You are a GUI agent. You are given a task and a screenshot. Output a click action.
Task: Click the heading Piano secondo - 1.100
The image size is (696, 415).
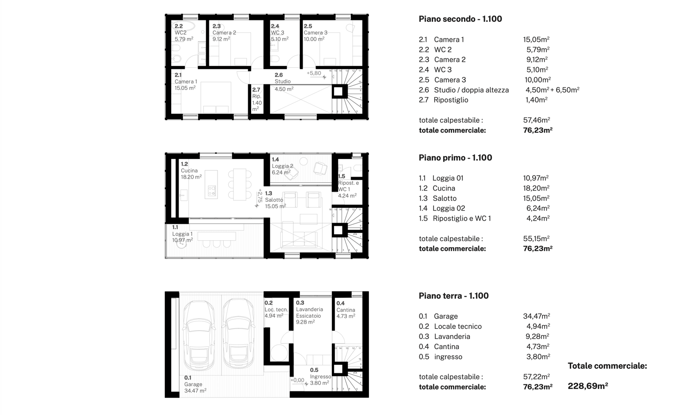click(x=460, y=19)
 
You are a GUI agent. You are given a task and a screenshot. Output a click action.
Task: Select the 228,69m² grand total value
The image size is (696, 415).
click(x=587, y=386)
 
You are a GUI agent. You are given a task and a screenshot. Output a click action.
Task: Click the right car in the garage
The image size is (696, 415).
click(x=238, y=332)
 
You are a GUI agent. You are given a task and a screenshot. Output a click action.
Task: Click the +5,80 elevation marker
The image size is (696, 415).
click(x=314, y=73)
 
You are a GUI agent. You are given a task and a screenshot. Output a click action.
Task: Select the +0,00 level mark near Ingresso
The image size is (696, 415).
click(x=297, y=380)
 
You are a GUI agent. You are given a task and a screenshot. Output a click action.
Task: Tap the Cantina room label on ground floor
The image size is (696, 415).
click(x=346, y=310)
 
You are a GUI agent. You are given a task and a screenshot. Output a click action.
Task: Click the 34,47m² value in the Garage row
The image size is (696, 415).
click(x=536, y=316)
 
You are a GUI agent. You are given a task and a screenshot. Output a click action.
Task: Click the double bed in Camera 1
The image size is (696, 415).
click(x=216, y=97)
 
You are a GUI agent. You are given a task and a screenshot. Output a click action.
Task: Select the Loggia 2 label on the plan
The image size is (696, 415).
click(x=282, y=166)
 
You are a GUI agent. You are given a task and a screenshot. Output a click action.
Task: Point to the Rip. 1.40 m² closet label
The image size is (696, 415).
click(x=257, y=99)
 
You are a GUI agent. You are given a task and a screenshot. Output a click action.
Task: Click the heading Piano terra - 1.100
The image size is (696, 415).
click(x=453, y=296)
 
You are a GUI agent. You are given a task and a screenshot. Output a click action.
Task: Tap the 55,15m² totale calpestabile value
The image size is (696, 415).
click(x=536, y=239)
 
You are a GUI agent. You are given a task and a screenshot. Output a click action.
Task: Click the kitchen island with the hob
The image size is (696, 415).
click(x=211, y=185)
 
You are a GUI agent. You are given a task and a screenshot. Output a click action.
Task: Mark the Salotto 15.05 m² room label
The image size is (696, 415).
click(x=275, y=200)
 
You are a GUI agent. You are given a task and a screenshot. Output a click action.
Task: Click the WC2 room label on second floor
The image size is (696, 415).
click(x=181, y=32)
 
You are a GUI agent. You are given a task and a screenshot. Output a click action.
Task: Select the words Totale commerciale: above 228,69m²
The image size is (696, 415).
click(x=607, y=366)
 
